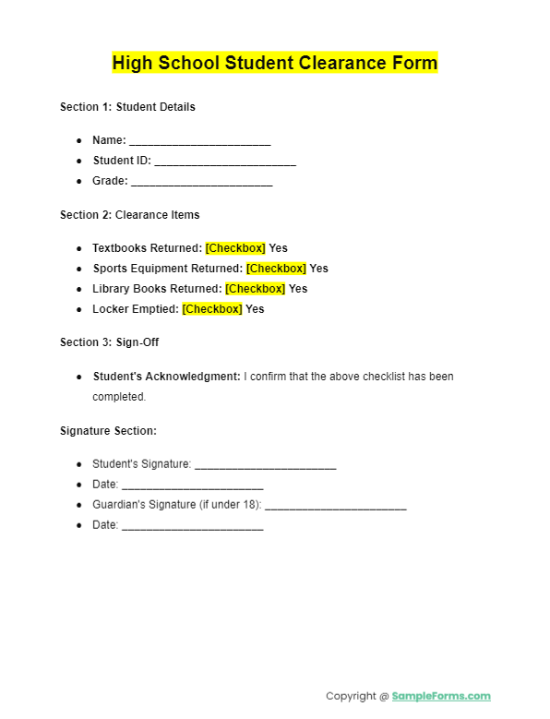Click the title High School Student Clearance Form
275,63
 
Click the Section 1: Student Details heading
127,107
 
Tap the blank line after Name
199,142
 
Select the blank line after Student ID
225,162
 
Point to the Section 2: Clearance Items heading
129,215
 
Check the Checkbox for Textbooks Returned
235,248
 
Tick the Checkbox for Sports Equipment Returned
276,269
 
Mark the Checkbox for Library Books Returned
255,289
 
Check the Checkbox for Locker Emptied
212,309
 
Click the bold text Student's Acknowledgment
166,377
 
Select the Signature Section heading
108,431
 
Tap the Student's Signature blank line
265,466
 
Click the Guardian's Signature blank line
336,507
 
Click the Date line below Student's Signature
192,486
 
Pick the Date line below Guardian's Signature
192,527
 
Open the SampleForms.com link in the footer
441,696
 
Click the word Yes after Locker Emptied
255,309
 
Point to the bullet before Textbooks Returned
79,248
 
